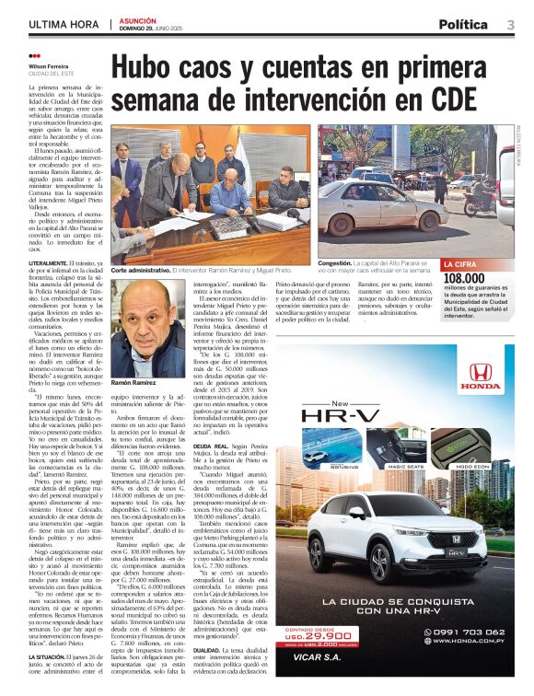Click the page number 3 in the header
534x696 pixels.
(x=509, y=24)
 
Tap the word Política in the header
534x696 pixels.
(x=463, y=24)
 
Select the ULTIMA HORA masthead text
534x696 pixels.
(x=63, y=24)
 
